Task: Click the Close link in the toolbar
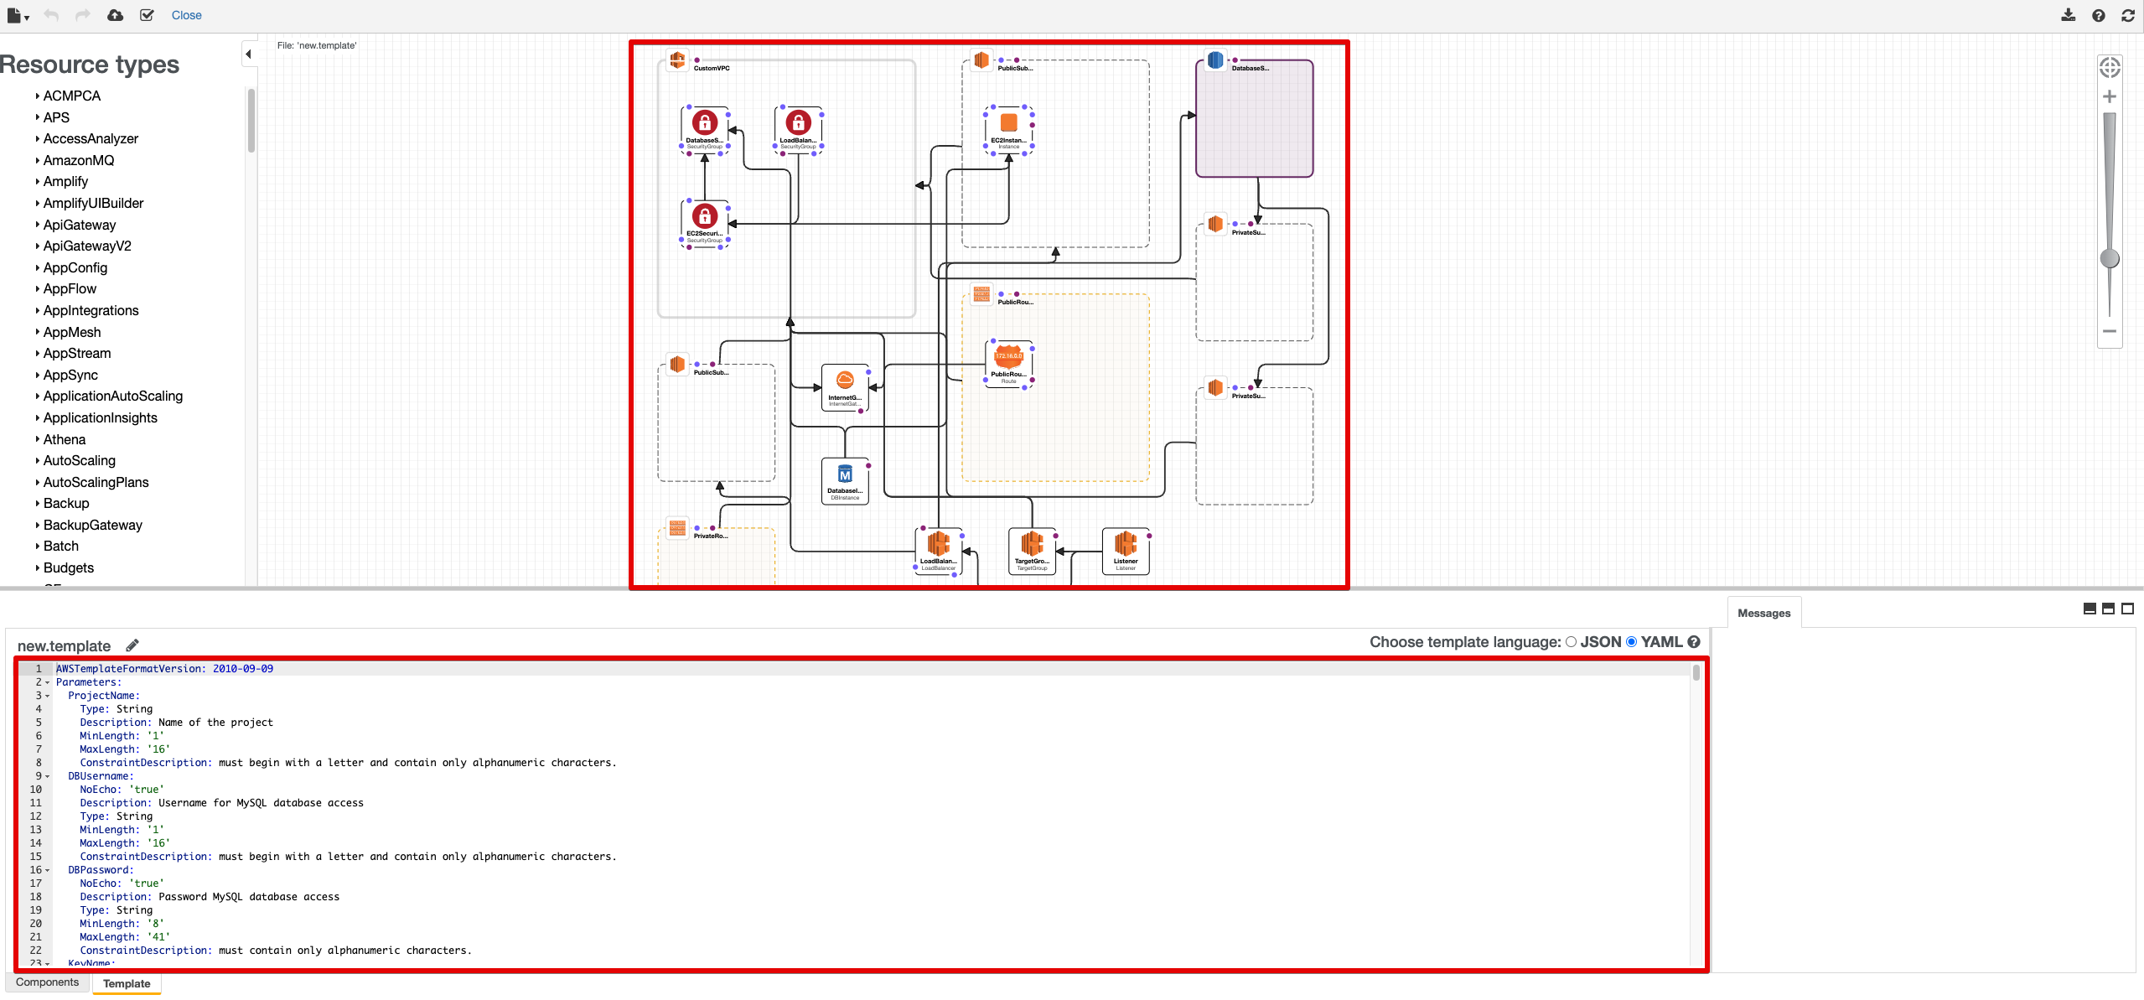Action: [x=186, y=15]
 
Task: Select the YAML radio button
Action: [x=1631, y=642]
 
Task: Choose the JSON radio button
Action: [x=1571, y=642]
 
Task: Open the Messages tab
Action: [x=1763, y=613]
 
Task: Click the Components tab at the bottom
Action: [x=47, y=982]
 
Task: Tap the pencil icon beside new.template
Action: [x=132, y=645]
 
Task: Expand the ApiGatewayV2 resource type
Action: [x=87, y=246]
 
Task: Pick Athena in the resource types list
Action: [x=65, y=439]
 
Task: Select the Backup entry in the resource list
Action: [x=66, y=503]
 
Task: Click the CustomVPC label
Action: [x=712, y=69]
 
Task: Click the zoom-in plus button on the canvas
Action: [x=2110, y=97]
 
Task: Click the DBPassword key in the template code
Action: [x=101, y=870]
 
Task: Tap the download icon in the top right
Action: [x=2069, y=15]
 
